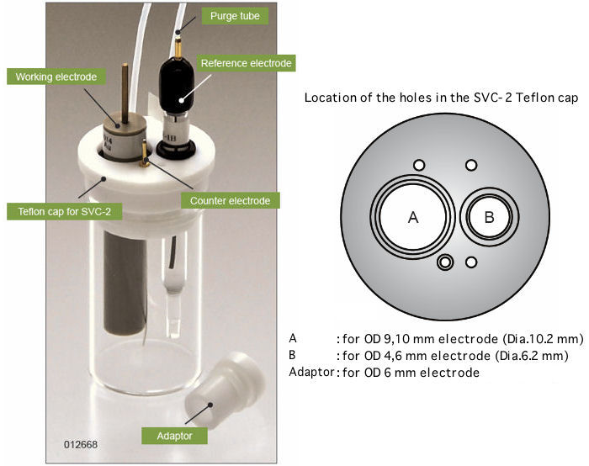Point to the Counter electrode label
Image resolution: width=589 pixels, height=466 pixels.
tap(229, 201)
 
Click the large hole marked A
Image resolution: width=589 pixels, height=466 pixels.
tap(412, 217)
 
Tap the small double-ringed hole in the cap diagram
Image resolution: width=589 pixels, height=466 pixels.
tap(445, 263)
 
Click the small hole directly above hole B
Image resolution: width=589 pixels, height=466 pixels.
tap(471, 165)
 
